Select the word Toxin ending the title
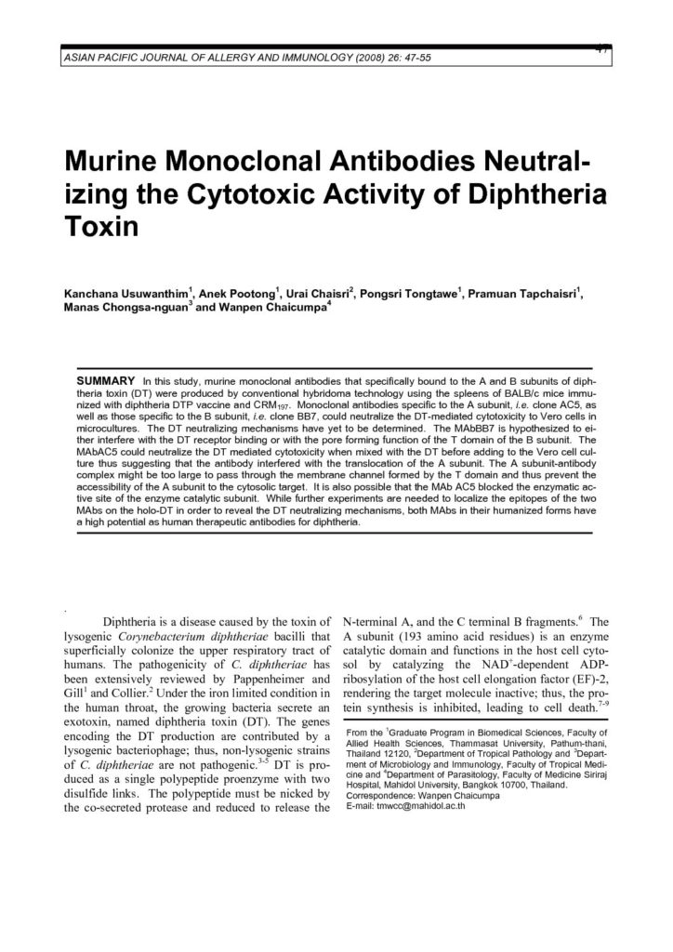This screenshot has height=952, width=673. [100, 230]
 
